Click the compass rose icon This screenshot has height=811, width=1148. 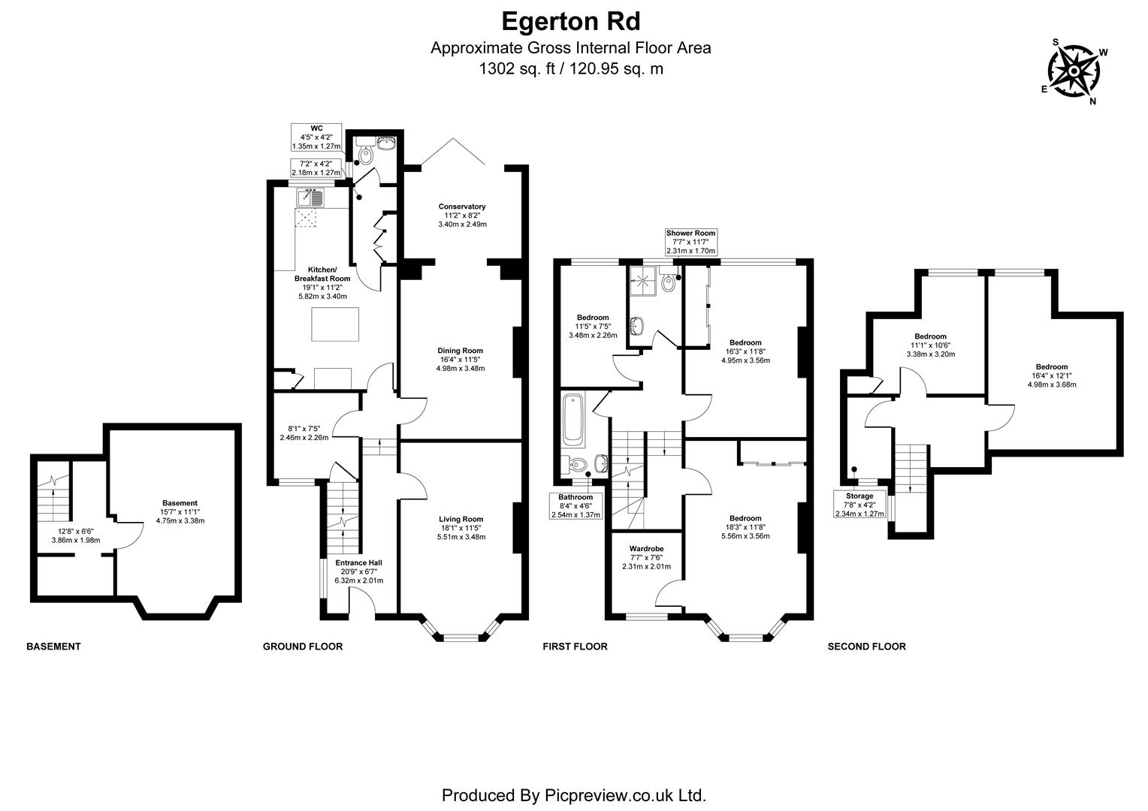1074,72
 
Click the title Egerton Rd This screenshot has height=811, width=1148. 571,20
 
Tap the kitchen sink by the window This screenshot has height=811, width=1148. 310,198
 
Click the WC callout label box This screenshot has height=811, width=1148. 316,137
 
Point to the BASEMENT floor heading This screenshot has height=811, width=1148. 53,647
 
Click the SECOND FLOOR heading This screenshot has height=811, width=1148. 866,647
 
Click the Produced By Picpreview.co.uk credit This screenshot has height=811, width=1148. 573,795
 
